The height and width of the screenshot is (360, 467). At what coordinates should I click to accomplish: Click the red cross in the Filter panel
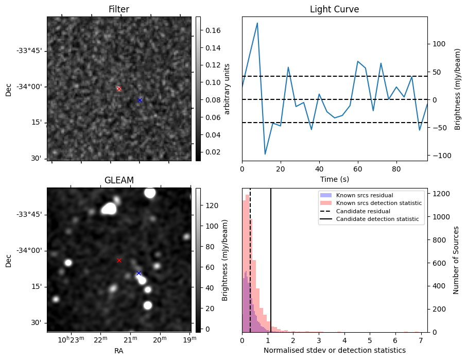point(119,89)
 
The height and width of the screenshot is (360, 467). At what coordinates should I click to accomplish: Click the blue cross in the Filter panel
point(140,100)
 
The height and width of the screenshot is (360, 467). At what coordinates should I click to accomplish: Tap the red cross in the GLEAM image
point(119,260)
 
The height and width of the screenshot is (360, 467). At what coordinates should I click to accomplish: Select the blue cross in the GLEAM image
point(139,273)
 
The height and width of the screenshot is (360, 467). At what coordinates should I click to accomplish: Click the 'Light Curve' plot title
point(334,9)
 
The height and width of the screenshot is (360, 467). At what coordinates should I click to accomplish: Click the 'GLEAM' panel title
point(119,180)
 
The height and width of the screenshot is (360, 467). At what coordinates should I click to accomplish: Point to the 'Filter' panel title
point(119,9)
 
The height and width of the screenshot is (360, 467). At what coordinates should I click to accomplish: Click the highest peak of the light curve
point(257,23)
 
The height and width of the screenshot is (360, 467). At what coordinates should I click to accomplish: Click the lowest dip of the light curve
point(265,154)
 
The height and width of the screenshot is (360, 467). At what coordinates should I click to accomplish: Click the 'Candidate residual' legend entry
point(363,211)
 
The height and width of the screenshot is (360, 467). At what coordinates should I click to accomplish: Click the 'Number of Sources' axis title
point(456,260)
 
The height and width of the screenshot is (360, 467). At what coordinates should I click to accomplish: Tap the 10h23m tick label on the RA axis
point(71,339)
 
